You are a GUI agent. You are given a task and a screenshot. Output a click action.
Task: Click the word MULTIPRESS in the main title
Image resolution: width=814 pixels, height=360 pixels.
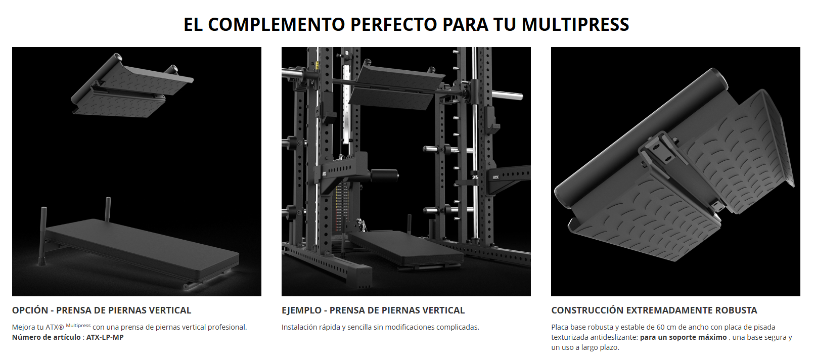pos(575,24)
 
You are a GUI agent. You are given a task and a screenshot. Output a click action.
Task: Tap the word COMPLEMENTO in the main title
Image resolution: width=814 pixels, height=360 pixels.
pos(276,24)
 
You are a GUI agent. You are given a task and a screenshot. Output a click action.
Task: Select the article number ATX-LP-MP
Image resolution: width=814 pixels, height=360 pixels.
pos(105,337)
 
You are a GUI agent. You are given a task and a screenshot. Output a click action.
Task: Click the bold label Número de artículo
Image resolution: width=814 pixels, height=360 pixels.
pos(46,337)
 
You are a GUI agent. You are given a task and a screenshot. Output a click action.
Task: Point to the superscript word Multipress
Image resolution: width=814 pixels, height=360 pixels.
pos(78,326)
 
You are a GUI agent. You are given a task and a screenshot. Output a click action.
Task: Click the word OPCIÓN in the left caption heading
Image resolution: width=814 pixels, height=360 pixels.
pos(30,310)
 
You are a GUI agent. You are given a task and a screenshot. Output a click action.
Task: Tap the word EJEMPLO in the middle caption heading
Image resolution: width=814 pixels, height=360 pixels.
pos(301,310)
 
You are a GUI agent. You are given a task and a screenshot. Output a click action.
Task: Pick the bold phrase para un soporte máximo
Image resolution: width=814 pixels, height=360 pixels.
pos(683,337)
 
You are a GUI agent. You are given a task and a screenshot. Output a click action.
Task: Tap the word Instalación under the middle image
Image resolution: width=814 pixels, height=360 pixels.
pos(299,327)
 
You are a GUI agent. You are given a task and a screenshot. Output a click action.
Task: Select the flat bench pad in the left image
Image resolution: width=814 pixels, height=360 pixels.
pos(142,251)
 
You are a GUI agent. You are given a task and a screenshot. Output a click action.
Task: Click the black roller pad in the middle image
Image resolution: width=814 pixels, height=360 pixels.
pos(383,176)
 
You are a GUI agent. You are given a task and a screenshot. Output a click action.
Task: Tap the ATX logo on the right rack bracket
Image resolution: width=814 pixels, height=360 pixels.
pos(495,177)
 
